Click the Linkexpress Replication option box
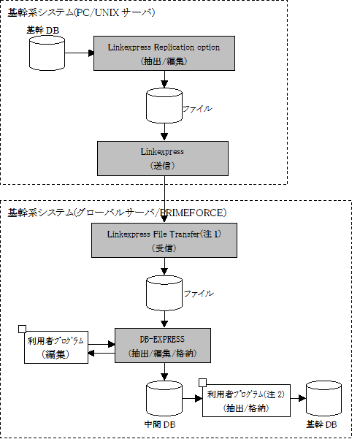164,53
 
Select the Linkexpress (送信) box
163,159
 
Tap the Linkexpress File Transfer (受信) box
164,240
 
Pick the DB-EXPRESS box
163,346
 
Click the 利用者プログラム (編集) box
56,347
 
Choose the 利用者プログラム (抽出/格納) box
246,400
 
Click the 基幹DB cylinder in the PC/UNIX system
47,53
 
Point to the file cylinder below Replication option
164,106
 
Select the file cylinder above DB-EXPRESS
164,293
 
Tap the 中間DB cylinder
164,398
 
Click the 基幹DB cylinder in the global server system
323,398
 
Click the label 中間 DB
160,424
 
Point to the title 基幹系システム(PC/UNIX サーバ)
81,12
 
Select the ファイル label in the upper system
197,109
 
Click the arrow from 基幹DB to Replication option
79,53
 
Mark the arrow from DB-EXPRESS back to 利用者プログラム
102,353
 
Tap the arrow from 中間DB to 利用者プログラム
192,398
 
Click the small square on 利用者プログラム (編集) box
22,329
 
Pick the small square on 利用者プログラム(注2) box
202,383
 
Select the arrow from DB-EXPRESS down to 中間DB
164,372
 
